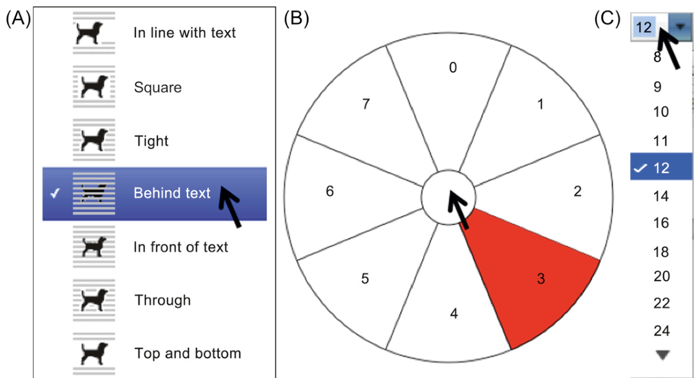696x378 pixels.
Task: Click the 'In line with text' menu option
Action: (184, 33)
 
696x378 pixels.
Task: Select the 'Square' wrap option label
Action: (158, 87)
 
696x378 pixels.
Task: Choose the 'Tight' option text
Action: (151, 141)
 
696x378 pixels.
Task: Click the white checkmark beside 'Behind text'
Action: (55, 194)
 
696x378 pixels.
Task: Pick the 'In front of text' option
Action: (181, 247)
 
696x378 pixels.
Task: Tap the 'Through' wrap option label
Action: (163, 300)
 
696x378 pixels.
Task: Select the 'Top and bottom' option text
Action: (188, 353)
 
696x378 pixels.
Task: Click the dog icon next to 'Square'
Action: (94, 87)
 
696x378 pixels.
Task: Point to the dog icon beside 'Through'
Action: (94, 300)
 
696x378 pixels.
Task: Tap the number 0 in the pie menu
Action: (453, 68)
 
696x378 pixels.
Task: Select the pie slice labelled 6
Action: (351, 195)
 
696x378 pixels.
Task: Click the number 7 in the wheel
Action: (366, 104)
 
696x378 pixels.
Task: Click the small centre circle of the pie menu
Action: (448, 197)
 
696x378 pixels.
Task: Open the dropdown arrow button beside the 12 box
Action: (680, 27)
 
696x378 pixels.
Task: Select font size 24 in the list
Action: (661, 330)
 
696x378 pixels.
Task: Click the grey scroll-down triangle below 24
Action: (662, 354)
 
